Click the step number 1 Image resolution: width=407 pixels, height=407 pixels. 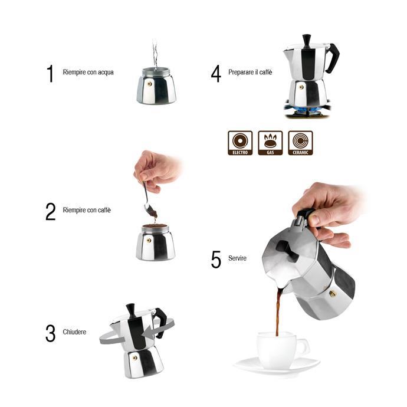(50, 73)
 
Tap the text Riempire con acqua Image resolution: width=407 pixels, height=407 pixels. (88, 73)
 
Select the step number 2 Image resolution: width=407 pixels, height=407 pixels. (51, 211)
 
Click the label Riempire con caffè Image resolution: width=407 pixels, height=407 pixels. (87, 211)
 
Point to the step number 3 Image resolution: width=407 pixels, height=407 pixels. (50, 333)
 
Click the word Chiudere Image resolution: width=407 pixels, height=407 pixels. (74, 332)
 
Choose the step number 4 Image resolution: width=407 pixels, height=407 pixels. (216, 73)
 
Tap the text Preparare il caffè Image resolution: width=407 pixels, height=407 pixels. (251, 73)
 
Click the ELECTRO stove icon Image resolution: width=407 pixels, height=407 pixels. (240, 143)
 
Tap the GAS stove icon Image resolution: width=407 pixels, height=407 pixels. (270, 143)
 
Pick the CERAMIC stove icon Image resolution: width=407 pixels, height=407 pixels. (300, 143)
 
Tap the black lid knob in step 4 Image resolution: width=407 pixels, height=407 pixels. (306, 40)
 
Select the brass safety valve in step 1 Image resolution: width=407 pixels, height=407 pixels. (149, 84)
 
